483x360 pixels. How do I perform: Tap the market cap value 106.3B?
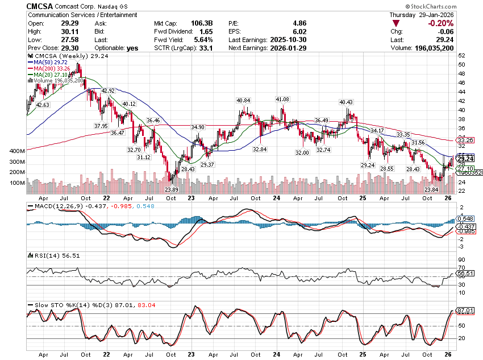point(202,23)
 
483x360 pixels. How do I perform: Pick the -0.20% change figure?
point(441,23)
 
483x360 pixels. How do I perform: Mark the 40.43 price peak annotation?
point(346,102)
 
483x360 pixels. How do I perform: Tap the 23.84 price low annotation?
point(432,189)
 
